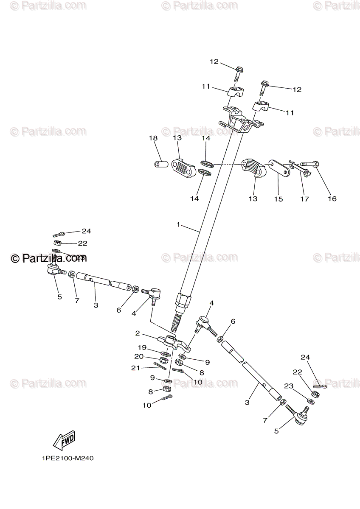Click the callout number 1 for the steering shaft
179,224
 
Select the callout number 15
278,199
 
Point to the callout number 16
332,199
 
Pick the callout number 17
304,199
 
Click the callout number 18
153,138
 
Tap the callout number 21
135,368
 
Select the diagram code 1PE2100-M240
67,459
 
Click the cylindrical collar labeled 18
160,164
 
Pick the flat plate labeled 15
279,167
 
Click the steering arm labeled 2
174,341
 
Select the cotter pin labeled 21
160,365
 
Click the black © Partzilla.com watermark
48,258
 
